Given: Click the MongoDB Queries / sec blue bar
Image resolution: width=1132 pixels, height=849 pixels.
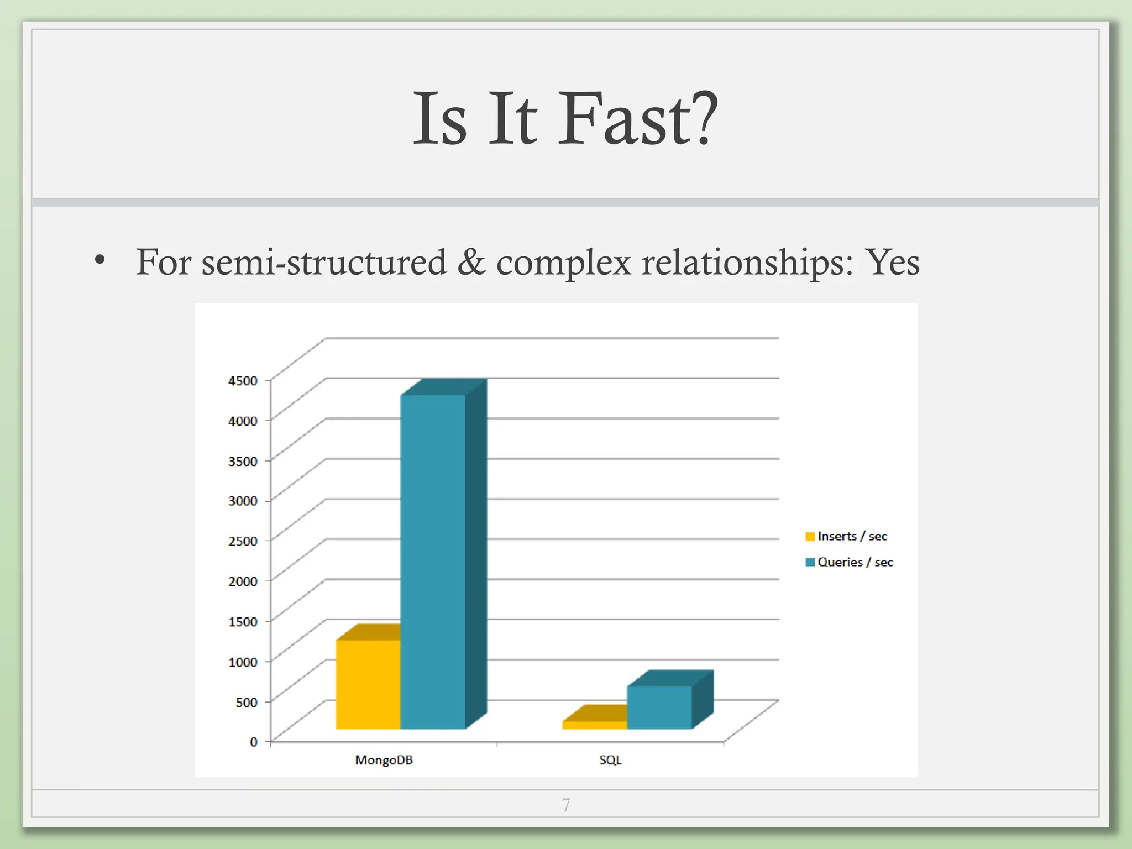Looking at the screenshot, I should [x=433, y=561].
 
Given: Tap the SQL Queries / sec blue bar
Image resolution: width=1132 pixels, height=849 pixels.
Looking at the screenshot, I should [x=659, y=707].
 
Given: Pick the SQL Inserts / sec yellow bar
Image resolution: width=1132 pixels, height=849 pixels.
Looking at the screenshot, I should [x=595, y=725].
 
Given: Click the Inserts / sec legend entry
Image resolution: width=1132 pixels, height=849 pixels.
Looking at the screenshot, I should [x=847, y=536].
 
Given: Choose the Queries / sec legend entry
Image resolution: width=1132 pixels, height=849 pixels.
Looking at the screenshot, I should [x=850, y=562].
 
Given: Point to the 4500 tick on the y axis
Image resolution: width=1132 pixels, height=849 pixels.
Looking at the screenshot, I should [x=243, y=380].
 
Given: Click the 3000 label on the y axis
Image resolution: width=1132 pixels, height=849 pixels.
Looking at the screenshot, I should [x=243, y=501].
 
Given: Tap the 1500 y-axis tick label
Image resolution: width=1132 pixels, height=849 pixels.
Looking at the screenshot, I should [x=243, y=621].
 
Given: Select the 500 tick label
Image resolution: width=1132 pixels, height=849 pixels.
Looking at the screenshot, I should [x=247, y=702].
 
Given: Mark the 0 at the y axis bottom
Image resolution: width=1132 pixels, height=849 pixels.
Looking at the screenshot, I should [x=254, y=742].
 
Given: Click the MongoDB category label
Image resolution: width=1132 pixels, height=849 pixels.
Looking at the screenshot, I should [x=384, y=760].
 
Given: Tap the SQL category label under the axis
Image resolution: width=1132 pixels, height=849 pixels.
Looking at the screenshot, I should [x=610, y=760].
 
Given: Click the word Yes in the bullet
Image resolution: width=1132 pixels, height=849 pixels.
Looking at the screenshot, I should [x=892, y=262].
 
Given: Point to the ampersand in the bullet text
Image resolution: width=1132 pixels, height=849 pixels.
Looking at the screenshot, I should [x=471, y=262].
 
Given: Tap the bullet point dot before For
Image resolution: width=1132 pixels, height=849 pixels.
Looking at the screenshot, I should [x=99, y=259].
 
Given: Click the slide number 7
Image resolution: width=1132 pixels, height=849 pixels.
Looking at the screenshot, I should [x=566, y=805].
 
